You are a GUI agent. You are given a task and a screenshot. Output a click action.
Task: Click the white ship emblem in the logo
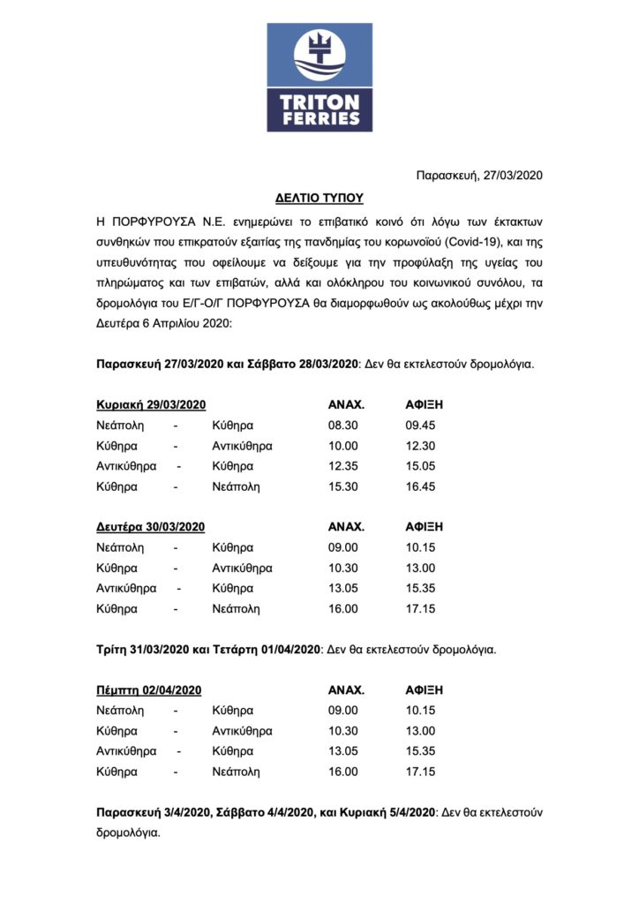pos(319,56)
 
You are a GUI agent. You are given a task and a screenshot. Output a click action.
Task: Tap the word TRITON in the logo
pos(319,101)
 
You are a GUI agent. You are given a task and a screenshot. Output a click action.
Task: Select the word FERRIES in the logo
pos(319,117)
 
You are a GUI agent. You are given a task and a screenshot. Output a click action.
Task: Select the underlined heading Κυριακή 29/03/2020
pos(151,404)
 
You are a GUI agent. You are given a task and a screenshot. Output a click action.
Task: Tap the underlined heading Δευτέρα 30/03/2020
pos(151,527)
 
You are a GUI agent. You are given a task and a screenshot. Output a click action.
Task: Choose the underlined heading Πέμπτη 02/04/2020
pos(149,689)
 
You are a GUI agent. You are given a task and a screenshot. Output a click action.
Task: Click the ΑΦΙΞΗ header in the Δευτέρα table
pos(424,527)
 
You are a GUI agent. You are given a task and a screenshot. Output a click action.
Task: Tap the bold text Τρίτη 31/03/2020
pos(143,649)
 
